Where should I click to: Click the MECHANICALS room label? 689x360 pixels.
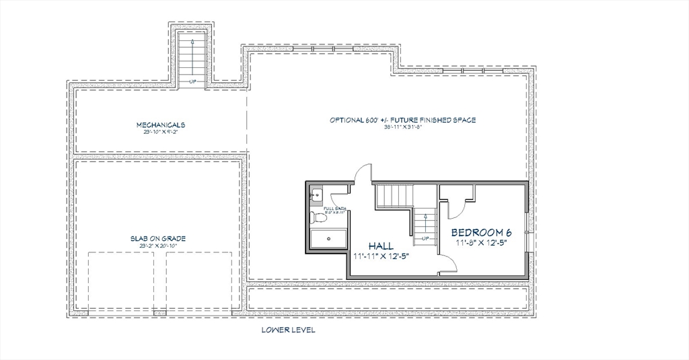tap(161, 124)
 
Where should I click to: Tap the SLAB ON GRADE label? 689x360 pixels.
tap(158, 238)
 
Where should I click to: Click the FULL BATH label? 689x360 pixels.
tap(335, 209)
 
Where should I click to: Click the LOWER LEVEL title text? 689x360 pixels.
tap(288, 330)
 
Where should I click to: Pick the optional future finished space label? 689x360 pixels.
tap(402, 120)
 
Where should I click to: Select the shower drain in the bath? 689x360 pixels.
tap(328, 238)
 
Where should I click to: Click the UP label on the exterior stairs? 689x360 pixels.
tap(192, 81)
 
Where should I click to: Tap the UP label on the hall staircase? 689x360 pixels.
tap(424, 238)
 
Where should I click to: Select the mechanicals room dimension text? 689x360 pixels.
tap(161, 132)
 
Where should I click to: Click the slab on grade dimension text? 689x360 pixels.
tap(158, 246)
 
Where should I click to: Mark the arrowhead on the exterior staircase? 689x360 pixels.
tap(192, 42)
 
